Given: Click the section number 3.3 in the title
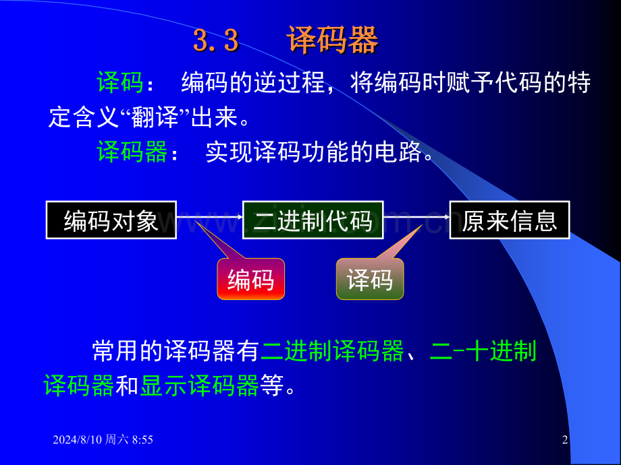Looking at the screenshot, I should coord(216,41).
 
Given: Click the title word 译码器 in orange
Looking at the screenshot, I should coord(332,40).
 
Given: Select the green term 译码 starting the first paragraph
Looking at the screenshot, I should coord(119,84).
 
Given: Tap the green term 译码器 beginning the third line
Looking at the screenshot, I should coord(132,153).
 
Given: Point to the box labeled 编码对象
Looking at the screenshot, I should coord(111,220).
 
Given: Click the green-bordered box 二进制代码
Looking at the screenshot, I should coord(313,220).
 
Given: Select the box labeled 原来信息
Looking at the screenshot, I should coord(510,220).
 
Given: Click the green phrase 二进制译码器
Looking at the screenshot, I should coord(332,351).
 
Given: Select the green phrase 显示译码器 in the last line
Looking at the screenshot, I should coord(199,386).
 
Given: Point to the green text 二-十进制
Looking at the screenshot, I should coord(483,351).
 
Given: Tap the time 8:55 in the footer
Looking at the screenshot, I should coord(142,439).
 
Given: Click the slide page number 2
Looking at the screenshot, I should coord(565,439).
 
